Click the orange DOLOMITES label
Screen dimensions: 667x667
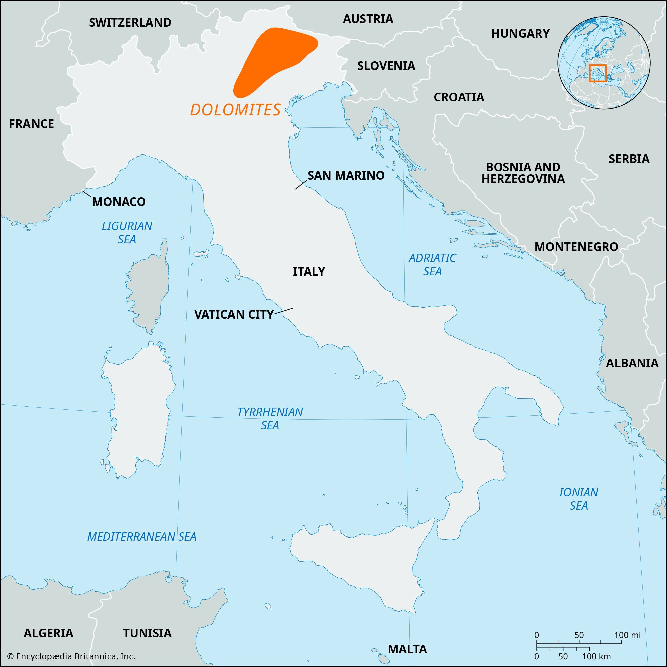click(x=235, y=110)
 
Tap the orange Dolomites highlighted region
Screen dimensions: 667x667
click(x=273, y=59)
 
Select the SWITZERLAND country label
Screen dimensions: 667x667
click(x=130, y=22)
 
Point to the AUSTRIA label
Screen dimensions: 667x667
click(x=368, y=19)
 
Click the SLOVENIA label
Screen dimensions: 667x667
click(x=386, y=66)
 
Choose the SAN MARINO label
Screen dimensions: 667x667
click(x=346, y=175)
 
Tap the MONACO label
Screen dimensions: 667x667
click(x=119, y=202)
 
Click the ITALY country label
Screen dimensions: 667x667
click(x=309, y=271)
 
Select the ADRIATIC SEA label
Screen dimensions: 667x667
click(x=432, y=264)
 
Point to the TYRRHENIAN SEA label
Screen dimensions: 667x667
click(x=270, y=418)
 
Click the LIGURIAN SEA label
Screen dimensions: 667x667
click(x=127, y=233)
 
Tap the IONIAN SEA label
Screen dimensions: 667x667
click(x=579, y=499)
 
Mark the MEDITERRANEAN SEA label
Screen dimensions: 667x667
click(x=141, y=536)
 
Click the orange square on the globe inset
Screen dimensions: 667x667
click(x=598, y=73)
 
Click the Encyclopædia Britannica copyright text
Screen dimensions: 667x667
click(x=71, y=656)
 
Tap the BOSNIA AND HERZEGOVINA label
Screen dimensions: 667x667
click(x=523, y=173)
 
